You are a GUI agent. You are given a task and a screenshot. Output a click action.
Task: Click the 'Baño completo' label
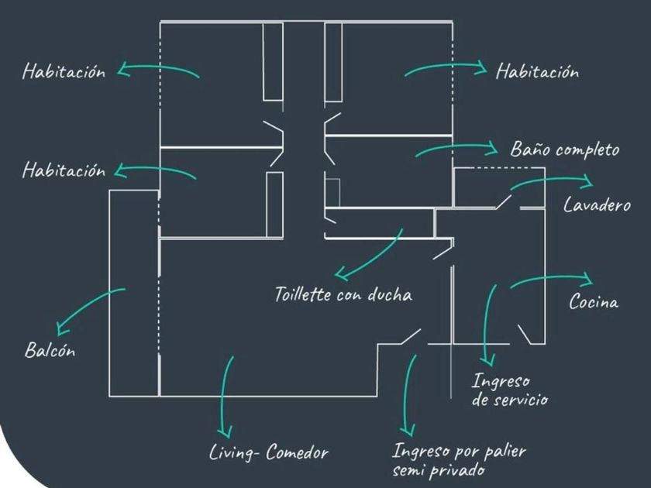tap(564, 149)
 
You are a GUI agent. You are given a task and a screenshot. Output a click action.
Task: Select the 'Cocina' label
tap(594, 302)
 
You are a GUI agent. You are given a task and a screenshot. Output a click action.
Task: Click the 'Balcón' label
tap(50, 350)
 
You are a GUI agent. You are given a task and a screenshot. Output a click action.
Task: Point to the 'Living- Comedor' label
tap(270, 453)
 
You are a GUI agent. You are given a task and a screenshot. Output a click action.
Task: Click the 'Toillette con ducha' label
tap(343, 295)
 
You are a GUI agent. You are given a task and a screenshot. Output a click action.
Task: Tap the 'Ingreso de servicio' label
tap(510, 390)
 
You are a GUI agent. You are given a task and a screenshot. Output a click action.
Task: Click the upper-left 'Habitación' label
tap(64, 72)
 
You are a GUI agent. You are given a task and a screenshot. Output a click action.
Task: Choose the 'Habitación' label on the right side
tap(537, 72)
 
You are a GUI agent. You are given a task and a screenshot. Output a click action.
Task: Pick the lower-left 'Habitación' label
tap(64, 170)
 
